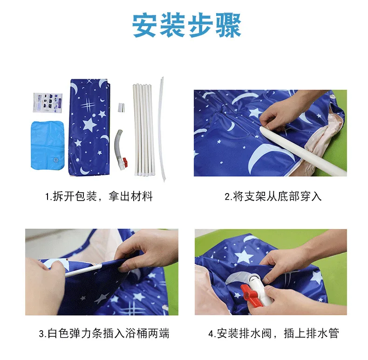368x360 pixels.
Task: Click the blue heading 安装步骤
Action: (x=187, y=25)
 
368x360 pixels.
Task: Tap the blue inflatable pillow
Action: (x=48, y=145)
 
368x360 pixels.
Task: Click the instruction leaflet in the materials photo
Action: (x=48, y=103)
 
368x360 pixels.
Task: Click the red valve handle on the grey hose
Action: (x=125, y=162)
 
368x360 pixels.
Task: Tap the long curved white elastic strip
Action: (x=163, y=129)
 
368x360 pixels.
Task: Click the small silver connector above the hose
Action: (x=121, y=107)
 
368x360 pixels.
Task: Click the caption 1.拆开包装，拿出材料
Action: (x=99, y=196)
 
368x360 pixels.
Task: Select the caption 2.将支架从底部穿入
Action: (x=273, y=196)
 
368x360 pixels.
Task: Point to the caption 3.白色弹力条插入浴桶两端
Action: (x=104, y=333)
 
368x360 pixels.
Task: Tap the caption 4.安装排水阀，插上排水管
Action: (x=273, y=333)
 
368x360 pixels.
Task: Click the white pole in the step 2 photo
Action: (x=303, y=151)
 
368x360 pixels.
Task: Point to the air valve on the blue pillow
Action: (x=55, y=160)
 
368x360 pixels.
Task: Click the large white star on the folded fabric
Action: (x=89, y=125)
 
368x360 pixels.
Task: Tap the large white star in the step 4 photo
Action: (x=244, y=256)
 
